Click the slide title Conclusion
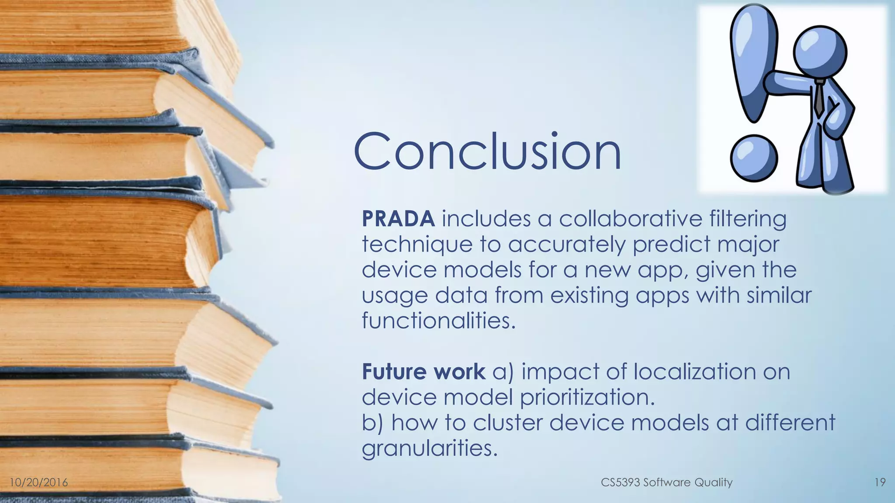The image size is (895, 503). coord(487,152)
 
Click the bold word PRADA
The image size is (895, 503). coord(398,219)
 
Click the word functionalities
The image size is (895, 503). coord(439,321)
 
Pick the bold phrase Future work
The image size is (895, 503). coord(423,372)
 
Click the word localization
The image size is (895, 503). coord(694,372)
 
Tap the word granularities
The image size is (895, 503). coord(430,449)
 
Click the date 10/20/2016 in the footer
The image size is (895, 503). coord(39,482)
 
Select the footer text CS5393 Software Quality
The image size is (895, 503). coord(666,482)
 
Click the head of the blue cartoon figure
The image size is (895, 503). coord(820,52)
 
